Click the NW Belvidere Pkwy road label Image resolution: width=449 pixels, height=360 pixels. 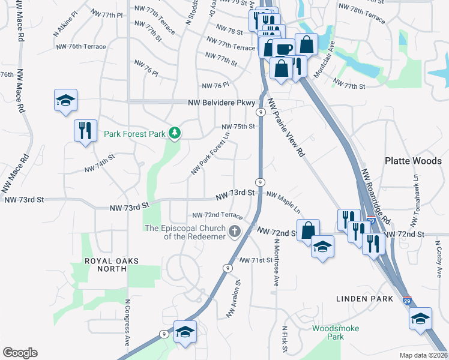click(x=221, y=103)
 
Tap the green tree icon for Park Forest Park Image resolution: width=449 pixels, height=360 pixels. click(x=175, y=133)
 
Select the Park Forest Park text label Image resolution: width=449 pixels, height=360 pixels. click(x=134, y=134)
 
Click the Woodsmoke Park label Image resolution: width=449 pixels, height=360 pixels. click(x=328, y=332)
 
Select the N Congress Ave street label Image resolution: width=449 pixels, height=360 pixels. click(x=128, y=323)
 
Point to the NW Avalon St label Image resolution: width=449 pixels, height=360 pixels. click(x=234, y=299)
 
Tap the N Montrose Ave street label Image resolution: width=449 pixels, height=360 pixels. click(x=277, y=263)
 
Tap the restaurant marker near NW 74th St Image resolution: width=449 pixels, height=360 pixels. click(x=84, y=130)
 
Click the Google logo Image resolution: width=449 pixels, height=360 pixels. click(x=20, y=353)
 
